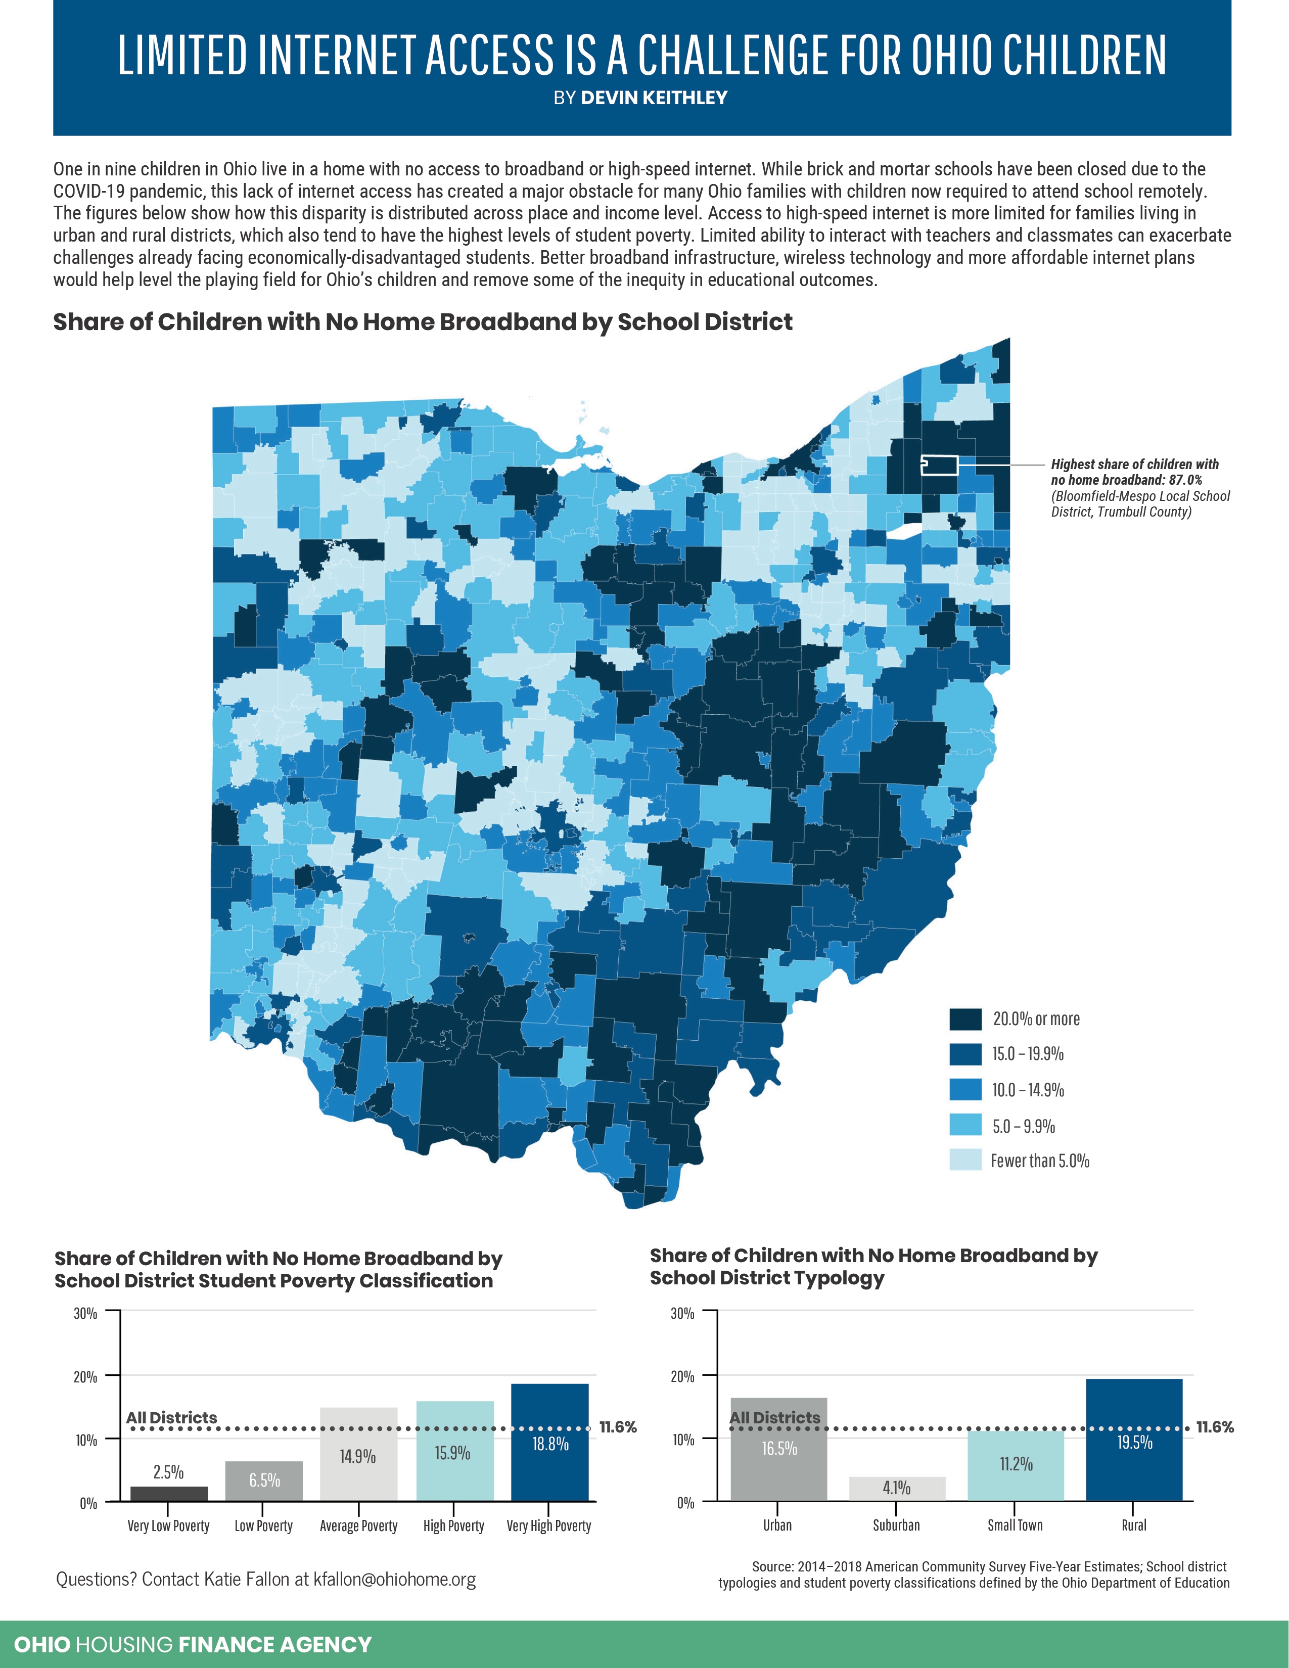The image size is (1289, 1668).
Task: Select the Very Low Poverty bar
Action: (169, 1493)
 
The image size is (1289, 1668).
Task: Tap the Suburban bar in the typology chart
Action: (897, 1488)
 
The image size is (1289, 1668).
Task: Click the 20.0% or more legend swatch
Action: (965, 1019)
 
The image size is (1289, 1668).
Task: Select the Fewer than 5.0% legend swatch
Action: (965, 1160)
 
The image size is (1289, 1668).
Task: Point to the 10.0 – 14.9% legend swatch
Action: (965, 1089)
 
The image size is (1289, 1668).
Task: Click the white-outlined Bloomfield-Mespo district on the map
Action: (939, 465)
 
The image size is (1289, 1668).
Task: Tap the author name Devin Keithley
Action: (654, 98)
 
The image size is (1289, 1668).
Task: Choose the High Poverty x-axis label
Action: (453, 1526)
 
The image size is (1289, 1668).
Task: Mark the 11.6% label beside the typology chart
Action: (1214, 1427)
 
